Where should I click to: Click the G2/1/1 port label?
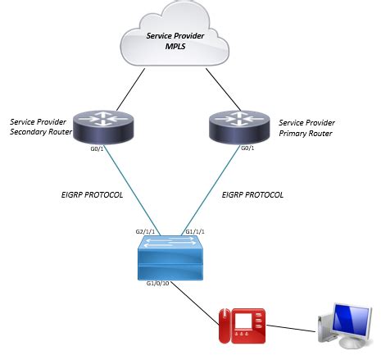(x=147, y=232)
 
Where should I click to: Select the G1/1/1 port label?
(x=199, y=232)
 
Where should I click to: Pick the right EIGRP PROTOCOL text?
(x=253, y=195)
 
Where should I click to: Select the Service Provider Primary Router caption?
(x=307, y=127)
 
